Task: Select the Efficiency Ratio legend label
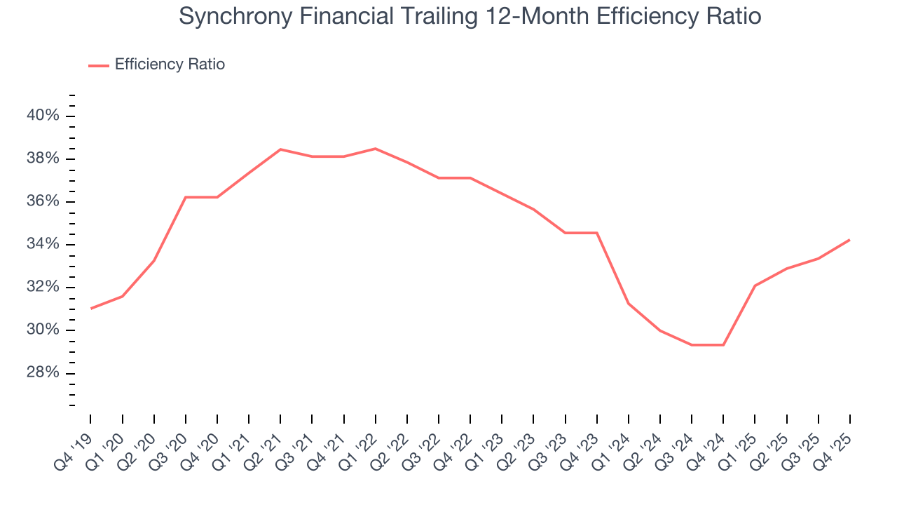tap(170, 65)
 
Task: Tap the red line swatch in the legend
tap(99, 65)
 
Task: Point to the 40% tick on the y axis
tap(43, 116)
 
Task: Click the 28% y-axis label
tap(43, 372)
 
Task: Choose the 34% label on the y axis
tap(43, 244)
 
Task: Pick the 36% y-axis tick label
tap(43, 201)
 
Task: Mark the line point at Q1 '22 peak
tap(376, 149)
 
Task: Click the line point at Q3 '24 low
tap(692, 345)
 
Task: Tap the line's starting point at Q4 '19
tap(91, 309)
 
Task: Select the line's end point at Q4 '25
tap(850, 240)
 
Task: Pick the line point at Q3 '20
tap(186, 197)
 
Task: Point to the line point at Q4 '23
tap(597, 233)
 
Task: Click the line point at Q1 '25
tap(755, 285)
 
